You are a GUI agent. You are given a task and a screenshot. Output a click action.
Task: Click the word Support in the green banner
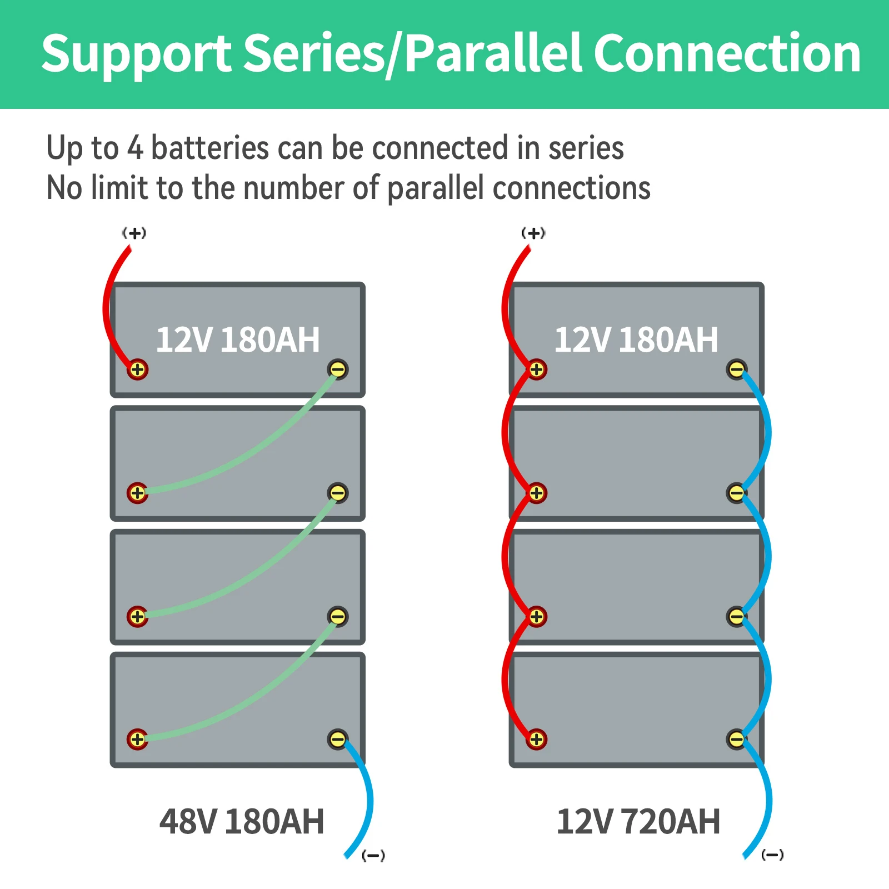pyautogui.click(x=136, y=54)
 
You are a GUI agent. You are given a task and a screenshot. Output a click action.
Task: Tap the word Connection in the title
pyautogui.click(x=727, y=54)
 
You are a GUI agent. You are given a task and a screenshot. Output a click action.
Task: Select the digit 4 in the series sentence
pyautogui.click(x=135, y=148)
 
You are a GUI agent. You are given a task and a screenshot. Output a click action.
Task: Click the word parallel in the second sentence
pyautogui.click(x=435, y=188)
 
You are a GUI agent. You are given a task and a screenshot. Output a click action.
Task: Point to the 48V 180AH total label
pyautogui.click(x=242, y=821)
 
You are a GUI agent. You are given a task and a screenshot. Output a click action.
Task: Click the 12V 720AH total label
pyautogui.click(x=638, y=821)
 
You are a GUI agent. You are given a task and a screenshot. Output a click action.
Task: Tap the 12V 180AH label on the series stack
pyautogui.click(x=238, y=339)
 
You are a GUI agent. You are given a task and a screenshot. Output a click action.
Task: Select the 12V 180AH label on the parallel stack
pyautogui.click(x=636, y=339)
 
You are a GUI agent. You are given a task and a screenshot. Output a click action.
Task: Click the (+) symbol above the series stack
pyautogui.click(x=134, y=233)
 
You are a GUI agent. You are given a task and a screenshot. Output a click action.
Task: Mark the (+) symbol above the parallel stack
pyautogui.click(x=533, y=233)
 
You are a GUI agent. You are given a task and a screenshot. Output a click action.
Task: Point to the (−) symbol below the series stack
pyautogui.click(x=373, y=855)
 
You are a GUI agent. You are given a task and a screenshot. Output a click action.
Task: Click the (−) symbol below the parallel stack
pyautogui.click(x=772, y=855)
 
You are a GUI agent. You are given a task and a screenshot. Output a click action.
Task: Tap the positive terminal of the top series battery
pyautogui.click(x=137, y=369)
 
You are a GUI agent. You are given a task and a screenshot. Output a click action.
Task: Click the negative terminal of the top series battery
pyautogui.click(x=338, y=369)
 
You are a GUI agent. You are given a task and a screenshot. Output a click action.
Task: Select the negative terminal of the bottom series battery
pyautogui.click(x=338, y=740)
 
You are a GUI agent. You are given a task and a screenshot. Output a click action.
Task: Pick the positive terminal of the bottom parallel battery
pyautogui.click(x=536, y=740)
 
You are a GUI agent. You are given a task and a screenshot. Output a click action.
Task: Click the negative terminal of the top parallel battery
pyautogui.click(x=737, y=369)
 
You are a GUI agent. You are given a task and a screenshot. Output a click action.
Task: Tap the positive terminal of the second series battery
pyautogui.click(x=137, y=493)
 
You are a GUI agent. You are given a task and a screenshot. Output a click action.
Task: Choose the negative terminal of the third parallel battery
pyautogui.click(x=737, y=617)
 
